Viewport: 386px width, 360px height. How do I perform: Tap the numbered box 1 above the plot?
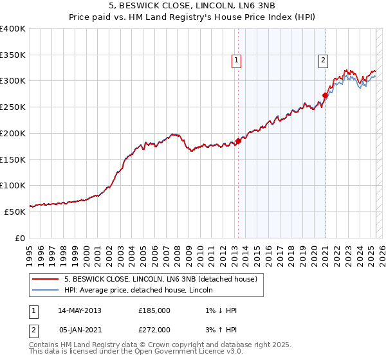pyautogui.click(x=237, y=60)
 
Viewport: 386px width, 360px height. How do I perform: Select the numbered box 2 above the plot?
pyautogui.click(x=323, y=60)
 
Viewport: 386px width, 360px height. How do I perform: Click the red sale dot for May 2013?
pyautogui.click(x=238, y=141)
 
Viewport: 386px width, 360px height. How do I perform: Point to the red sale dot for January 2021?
pyautogui.click(x=325, y=95)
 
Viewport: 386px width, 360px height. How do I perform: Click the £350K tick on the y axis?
pyautogui.click(x=13, y=55)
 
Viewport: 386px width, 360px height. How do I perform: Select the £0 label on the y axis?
pyautogui.click(x=20, y=238)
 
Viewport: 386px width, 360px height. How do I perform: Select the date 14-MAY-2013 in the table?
pyautogui.click(x=80, y=310)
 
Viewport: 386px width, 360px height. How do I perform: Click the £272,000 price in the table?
pyautogui.click(x=154, y=330)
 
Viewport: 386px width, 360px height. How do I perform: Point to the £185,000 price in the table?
pyautogui.click(x=154, y=310)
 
